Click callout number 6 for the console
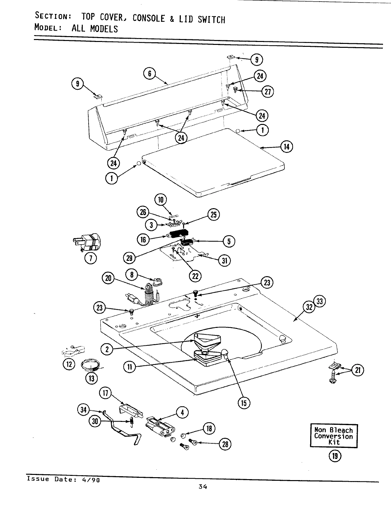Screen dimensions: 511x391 [x=149, y=74]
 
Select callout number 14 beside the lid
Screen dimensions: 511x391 [x=287, y=147]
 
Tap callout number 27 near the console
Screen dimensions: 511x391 [x=268, y=92]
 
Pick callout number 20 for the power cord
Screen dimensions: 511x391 [x=108, y=278]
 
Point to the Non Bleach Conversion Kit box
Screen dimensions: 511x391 [x=333, y=436]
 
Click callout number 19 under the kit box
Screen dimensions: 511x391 [x=335, y=456]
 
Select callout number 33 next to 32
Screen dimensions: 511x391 [x=320, y=302]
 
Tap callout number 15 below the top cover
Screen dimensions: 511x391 [x=244, y=403]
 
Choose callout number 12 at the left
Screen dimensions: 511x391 [x=69, y=364]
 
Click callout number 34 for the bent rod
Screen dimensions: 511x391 [x=84, y=410]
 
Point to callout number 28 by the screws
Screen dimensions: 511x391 [x=225, y=444]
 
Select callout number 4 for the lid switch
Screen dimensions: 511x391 [x=182, y=412]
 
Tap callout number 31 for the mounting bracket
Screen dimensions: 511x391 [x=224, y=261]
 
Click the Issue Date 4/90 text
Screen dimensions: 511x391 [x=63, y=479]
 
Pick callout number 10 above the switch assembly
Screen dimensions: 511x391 [x=161, y=199]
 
